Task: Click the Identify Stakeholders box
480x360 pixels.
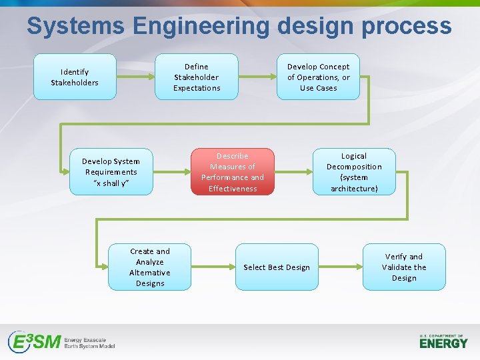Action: pyautogui.click(x=75, y=77)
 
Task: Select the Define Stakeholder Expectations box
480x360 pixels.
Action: pyautogui.click(x=196, y=77)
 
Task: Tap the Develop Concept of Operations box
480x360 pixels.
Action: pyautogui.click(x=318, y=77)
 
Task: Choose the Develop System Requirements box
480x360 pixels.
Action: pyautogui.click(x=111, y=171)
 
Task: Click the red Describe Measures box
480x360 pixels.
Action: pyautogui.click(x=232, y=171)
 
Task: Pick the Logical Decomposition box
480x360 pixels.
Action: pyautogui.click(x=354, y=171)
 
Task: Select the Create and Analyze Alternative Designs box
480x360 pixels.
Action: pyautogui.click(x=149, y=267)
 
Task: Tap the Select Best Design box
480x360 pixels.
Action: pyautogui.click(x=276, y=267)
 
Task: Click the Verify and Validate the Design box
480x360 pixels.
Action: pyautogui.click(x=404, y=267)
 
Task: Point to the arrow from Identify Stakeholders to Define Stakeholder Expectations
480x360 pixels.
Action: pyautogui.click(x=135, y=77)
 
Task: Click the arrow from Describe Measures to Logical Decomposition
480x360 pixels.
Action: pyautogui.click(x=293, y=171)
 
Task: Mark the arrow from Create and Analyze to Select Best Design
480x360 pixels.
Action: pyautogui.click(x=213, y=267)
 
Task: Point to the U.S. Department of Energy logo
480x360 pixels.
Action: pyautogui.click(x=443, y=341)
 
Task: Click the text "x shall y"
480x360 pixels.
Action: pyautogui.click(x=111, y=183)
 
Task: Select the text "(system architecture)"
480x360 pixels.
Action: pyautogui.click(x=354, y=183)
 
